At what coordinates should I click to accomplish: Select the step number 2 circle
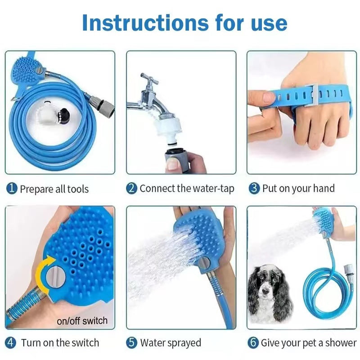click(x=131, y=189)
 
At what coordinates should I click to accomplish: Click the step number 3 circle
click(x=254, y=189)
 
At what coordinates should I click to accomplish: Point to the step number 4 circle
click(x=11, y=343)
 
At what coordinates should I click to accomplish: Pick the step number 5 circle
click(x=131, y=343)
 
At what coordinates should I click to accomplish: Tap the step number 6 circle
click(x=254, y=343)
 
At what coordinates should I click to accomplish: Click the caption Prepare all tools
click(x=54, y=189)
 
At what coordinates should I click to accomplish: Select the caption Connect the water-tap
click(x=187, y=189)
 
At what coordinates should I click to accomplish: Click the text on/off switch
click(x=82, y=321)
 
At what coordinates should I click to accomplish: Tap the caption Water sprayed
click(x=171, y=343)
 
